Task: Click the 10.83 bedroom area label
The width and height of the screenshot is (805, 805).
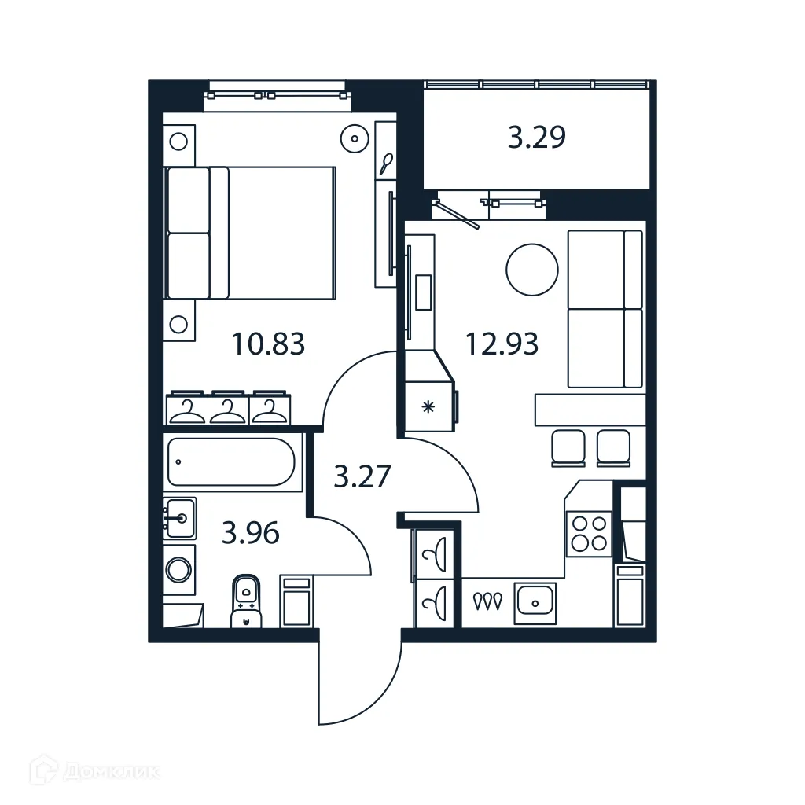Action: [268, 344]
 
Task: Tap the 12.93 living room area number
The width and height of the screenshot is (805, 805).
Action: [502, 344]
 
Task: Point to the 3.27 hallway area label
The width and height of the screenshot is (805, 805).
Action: [362, 476]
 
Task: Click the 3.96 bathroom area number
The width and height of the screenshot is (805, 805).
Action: [251, 534]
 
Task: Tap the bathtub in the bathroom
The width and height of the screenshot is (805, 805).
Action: [232, 461]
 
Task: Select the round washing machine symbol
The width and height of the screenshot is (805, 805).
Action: [179, 568]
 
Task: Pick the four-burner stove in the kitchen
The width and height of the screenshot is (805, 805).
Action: [589, 533]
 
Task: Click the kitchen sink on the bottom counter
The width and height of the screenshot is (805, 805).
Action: [535, 603]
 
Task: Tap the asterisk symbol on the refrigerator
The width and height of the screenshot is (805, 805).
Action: [428, 406]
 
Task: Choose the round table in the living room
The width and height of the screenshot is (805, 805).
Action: [532, 269]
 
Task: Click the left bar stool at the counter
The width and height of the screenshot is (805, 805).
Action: [568, 447]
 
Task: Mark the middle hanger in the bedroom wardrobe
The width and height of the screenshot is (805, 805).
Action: [228, 409]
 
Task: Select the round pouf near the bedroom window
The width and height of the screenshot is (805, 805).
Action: [355, 139]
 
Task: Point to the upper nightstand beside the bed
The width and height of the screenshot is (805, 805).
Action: [179, 142]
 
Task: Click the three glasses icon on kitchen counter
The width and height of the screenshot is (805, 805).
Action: [487, 601]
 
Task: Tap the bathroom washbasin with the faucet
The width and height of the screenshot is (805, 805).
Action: [180, 517]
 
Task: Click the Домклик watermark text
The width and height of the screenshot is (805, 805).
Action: [111, 772]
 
